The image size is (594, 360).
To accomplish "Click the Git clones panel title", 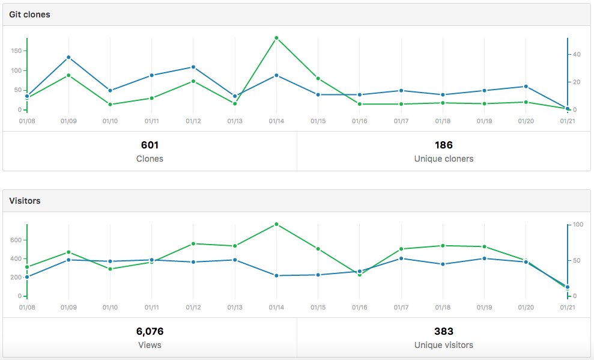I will coord(29,14).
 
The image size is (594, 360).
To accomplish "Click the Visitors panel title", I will coord(25,201).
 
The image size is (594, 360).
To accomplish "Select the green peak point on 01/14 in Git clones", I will coord(276,38).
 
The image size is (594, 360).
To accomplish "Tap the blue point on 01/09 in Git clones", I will coord(68,57).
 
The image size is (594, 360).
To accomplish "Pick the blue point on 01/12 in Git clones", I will coord(193,67).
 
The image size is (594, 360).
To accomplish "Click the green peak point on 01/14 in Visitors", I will coord(276,224).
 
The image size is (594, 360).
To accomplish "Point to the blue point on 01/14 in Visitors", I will coord(276,275).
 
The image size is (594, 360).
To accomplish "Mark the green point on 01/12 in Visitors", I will coord(193,243).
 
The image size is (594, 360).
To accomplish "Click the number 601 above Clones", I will coord(150,145).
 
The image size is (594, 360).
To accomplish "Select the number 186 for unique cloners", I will coord(444,145).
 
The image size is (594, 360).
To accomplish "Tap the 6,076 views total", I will coord(150,331).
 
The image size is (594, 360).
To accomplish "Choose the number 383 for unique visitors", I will coord(444,331).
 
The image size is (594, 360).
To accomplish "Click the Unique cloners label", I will coord(444,159).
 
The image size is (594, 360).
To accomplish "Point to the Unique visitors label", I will coord(444,345).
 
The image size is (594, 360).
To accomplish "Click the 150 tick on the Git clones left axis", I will coord(16,51).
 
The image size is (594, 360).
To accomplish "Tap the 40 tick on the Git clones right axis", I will coord(576,54).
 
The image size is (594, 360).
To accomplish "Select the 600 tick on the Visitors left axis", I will coord(16,240).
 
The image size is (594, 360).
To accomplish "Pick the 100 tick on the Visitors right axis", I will coord(578,224).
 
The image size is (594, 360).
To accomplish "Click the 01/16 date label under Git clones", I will coord(360,121).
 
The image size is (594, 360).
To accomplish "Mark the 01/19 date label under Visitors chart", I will coord(485,307).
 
